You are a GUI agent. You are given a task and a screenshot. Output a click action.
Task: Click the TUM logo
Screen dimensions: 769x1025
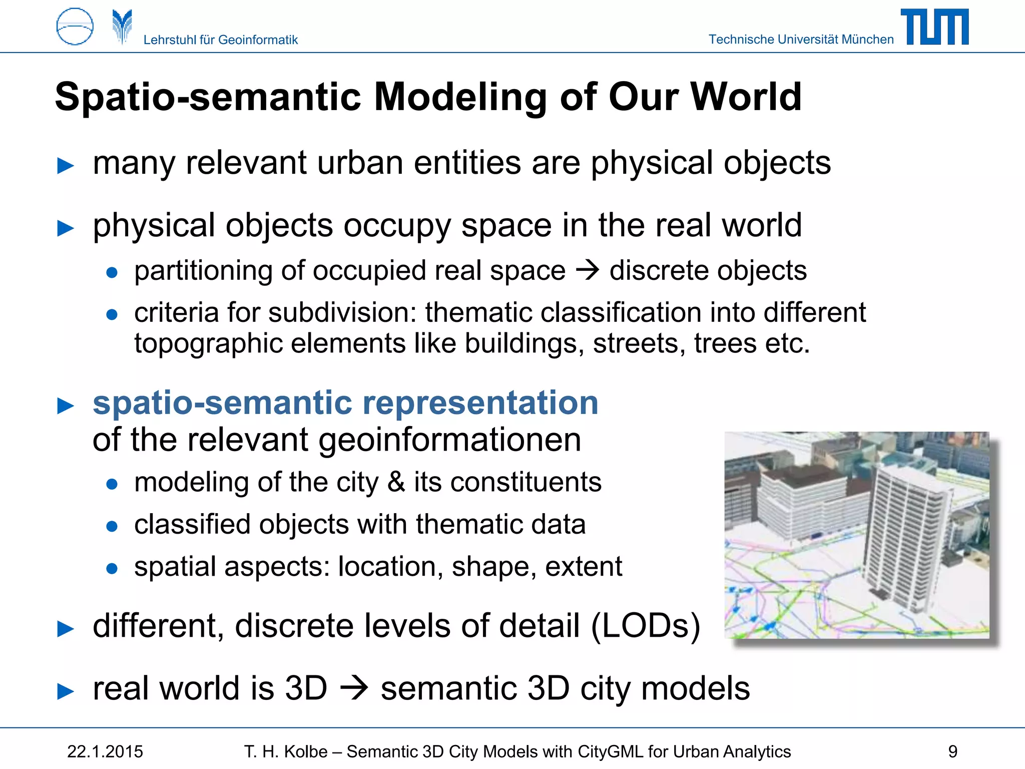[x=934, y=27]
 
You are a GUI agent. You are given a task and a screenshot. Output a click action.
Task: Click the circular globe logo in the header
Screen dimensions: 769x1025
[x=75, y=27]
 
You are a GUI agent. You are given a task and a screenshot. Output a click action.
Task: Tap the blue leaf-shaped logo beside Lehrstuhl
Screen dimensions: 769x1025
[x=122, y=26]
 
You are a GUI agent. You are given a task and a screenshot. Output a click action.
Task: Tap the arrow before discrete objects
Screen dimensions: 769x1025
[x=587, y=271]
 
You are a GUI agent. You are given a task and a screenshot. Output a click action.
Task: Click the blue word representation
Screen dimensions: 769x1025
[x=480, y=403]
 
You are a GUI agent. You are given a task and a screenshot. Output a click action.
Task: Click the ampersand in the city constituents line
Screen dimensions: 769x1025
[x=396, y=482]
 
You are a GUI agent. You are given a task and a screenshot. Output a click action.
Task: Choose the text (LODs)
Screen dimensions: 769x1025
[x=645, y=626]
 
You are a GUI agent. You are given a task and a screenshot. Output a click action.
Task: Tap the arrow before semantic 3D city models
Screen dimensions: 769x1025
[x=354, y=688]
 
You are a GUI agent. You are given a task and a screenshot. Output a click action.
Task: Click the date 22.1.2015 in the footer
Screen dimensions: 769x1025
[x=105, y=751]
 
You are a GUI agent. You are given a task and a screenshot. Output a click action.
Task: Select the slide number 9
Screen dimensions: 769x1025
[x=952, y=751]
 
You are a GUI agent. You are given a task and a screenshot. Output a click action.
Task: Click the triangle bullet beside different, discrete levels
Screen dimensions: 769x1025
[x=66, y=629]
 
